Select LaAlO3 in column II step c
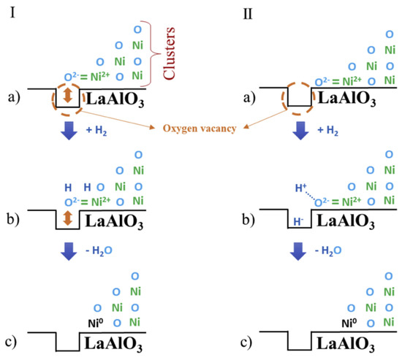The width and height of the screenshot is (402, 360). (354, 343)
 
